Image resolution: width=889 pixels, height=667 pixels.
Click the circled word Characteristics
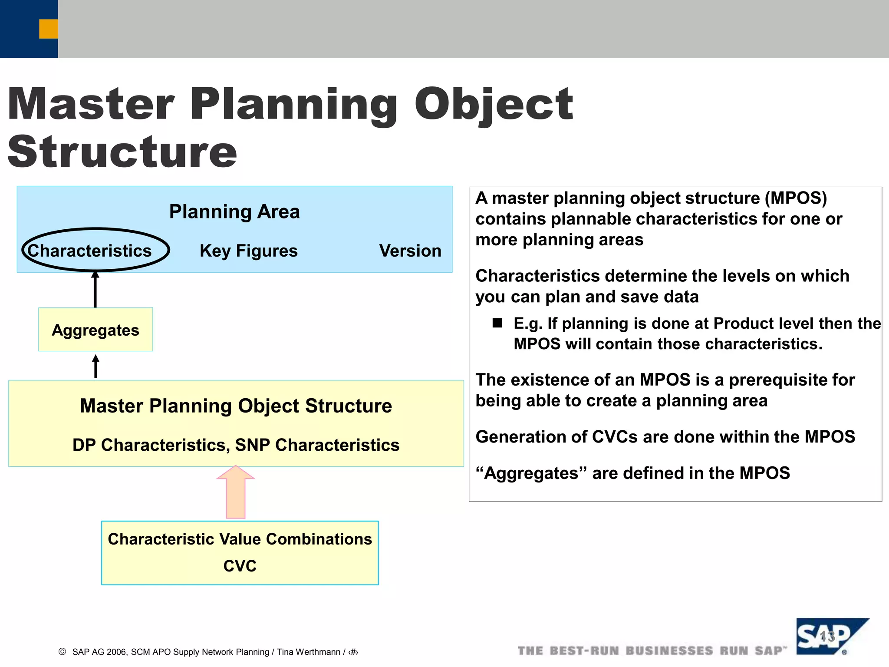tap(89, 251)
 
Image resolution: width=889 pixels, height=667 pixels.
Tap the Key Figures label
tap(248, 251)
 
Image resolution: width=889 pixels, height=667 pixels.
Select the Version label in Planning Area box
tap(410, 251)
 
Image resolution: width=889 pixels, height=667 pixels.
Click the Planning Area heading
tap(234, 212)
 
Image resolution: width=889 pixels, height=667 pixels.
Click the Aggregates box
tap(95, 330)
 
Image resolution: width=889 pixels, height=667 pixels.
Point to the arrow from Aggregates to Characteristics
tap(95, 290)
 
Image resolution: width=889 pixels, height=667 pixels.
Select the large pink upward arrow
tap(236, 493)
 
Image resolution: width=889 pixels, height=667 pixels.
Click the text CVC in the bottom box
tap(240, 566)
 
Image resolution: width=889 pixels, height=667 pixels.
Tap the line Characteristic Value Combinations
tap(240, 539)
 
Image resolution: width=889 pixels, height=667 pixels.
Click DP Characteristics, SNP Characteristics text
tap(236, 445)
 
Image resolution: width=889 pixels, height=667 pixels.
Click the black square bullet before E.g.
tap(497, 323)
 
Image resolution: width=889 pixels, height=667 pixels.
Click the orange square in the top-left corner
tap(48, 29)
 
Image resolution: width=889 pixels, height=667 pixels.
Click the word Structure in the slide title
tap(122, 152)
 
